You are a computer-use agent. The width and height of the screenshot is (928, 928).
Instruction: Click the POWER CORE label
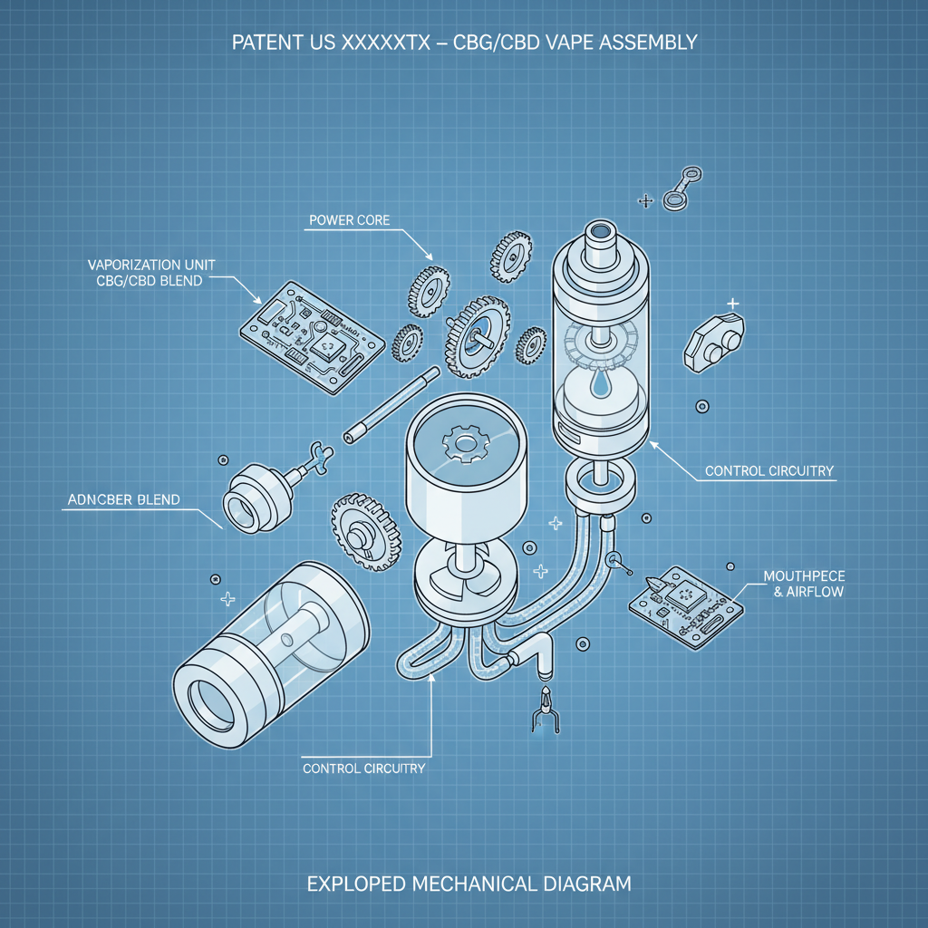point(350,220)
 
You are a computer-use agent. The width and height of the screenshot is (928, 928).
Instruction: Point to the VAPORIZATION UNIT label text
point(145,265)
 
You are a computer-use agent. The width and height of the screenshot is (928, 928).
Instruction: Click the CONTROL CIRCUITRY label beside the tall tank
point(768,471)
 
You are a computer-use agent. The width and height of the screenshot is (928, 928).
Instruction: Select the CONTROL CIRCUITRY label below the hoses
point(363,768)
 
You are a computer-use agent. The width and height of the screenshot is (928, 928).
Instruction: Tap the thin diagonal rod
point(391,405)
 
